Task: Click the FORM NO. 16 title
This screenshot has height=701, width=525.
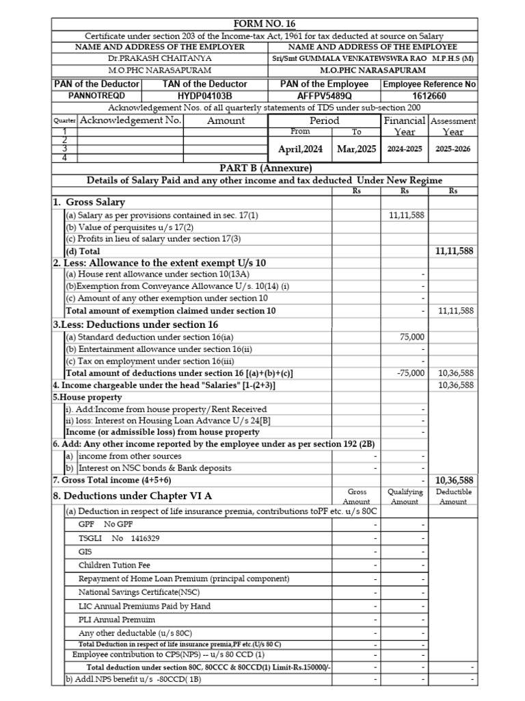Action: tap(265, 24)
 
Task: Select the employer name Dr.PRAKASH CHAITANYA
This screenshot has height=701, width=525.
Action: tap(159, 59)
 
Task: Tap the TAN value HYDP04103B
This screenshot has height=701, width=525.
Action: tap(204, 96)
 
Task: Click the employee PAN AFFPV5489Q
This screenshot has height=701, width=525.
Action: tap(324, 96)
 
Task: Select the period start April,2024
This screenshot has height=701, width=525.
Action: tap(300, 149)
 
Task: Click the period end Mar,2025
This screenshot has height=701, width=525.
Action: tap(357, 149)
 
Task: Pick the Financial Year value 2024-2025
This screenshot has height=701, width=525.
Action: tap(405, 149)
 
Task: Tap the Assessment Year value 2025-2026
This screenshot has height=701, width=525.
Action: tap(453, 149)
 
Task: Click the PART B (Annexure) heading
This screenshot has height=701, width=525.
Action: tap(265, 168)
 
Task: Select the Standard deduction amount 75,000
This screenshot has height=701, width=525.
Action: tap(412, 337)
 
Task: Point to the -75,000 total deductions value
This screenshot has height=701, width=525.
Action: tap(411, 373)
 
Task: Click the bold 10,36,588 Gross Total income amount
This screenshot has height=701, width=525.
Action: tap(454, 480)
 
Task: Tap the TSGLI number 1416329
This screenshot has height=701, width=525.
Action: tap(145, 539)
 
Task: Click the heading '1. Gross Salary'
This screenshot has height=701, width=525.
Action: tap(89, 203)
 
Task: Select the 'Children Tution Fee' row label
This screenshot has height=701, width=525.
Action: tap(114, 565)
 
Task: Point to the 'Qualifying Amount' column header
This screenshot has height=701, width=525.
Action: tap(405, 496)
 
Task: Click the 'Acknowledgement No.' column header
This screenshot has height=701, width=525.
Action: tap(131, 120)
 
